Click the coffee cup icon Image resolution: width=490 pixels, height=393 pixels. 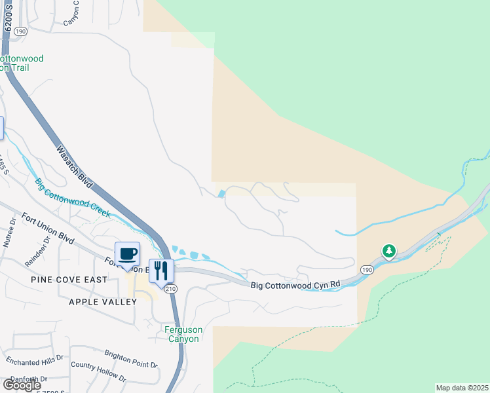(x=127, y=253)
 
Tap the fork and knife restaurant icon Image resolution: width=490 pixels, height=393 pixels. (x=161, y=269)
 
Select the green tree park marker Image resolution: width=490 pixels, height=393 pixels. (x=389, y=251)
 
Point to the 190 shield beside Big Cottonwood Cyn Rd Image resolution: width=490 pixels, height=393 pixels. (x=366, y=269)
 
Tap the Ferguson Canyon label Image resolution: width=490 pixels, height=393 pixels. (x=183, y=335)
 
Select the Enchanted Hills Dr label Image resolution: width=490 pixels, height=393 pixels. (x=35, y=360)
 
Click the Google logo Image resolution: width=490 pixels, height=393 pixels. (x=22, y=385)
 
